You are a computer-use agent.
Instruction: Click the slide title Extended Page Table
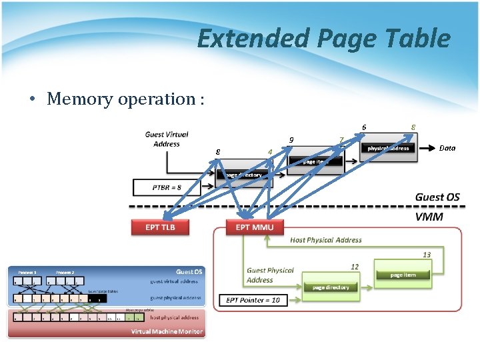(324, 39)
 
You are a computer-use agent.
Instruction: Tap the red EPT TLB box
(159, 227)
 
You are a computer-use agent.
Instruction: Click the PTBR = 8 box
(166, 187)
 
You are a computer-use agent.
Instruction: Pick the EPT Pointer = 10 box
(253, 300)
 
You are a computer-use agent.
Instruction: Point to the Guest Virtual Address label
(166, 139)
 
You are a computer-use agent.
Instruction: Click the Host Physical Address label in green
(326, 240)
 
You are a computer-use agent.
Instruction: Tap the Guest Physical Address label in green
(270, 275)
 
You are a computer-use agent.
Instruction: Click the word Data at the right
(447, 148)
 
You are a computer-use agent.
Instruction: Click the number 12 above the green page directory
(355, 267)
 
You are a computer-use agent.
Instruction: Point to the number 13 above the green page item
(427, 255)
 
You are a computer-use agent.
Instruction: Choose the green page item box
(403, 275)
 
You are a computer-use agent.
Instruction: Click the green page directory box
(331, 287)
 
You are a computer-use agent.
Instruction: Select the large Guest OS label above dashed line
(437, 197)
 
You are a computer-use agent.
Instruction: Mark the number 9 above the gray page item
(291, 140)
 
